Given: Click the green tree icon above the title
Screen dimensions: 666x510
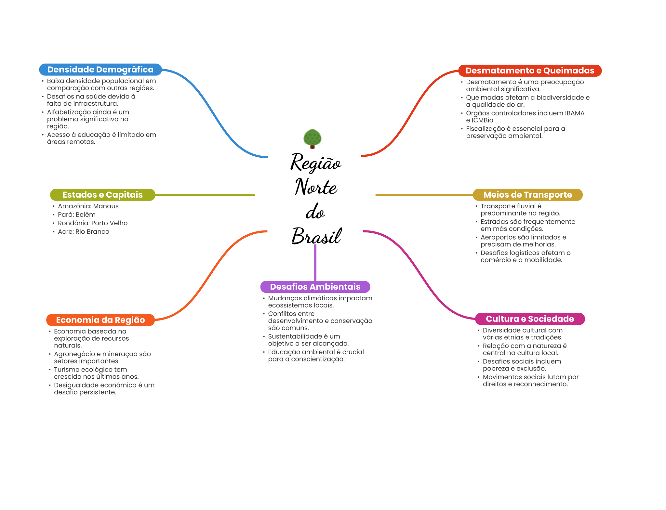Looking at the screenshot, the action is coord(312,139).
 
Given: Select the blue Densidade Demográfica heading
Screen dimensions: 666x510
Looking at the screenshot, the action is coord(100,70).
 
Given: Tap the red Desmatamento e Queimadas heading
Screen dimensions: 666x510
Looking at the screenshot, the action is coord(530,71).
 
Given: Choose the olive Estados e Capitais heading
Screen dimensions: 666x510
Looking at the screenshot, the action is coord(102,195).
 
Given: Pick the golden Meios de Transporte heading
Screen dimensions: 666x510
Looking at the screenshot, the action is coord(527,195).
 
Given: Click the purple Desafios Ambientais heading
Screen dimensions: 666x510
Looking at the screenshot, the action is coord(315,287).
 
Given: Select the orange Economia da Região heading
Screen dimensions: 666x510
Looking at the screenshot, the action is coord(100,320).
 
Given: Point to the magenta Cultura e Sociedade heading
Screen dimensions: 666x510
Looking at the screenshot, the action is coord(530,319).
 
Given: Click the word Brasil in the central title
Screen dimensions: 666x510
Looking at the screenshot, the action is coord(316,236).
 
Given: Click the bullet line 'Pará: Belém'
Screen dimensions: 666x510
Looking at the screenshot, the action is coord(77,215).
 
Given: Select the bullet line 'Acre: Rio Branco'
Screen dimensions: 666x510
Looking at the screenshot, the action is coord(84,231).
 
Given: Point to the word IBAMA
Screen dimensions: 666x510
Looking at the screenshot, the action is coord(575,113).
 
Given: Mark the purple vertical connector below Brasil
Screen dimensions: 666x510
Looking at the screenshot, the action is coord(315,263).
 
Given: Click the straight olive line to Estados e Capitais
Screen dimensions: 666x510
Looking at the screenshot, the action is coord(205,195).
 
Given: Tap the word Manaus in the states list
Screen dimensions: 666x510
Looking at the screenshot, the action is coord(106,206).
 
